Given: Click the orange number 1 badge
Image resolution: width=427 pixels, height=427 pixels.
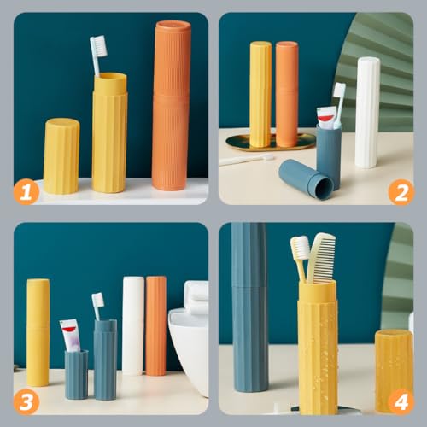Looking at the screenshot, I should pyautogui.click(x=26, y=192).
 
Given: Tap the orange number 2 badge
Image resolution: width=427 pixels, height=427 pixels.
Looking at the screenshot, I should pyautogui.click(x=401, y=192).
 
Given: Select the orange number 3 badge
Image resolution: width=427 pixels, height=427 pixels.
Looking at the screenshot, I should pyautogui.click(x=26, y=402).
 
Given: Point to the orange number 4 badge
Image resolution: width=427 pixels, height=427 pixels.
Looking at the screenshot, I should pyautogui.click(x=401, y=402).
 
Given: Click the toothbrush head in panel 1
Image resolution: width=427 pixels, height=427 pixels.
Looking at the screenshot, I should pyautogui.click(x=98, y=45).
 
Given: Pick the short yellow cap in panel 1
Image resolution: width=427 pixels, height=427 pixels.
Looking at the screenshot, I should pyautogui.click(x=61, y=155).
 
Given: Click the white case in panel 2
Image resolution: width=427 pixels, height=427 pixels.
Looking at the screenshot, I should pyautogui.click(x=367, y=111).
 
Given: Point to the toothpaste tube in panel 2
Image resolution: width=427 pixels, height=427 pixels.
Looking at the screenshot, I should pyautogui.click(x=326, y=117).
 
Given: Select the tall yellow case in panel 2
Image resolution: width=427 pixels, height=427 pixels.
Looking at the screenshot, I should pyautogui.click(x=260, y=94).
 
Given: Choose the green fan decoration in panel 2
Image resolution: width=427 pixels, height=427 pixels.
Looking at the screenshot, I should pyautogui.click(x=376, y=51).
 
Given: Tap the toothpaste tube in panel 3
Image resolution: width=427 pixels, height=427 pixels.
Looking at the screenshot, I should pyautogui.click(x=70, y=335).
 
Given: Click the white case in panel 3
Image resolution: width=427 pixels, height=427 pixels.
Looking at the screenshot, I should pyautogui.click(x=133, y=325).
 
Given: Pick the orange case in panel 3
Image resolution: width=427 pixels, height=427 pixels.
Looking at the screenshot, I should pyautogui.click(x=155, y=325).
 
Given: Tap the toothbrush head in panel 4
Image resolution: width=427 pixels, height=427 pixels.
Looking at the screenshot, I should pyautogui.click(x=300, y=249).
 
